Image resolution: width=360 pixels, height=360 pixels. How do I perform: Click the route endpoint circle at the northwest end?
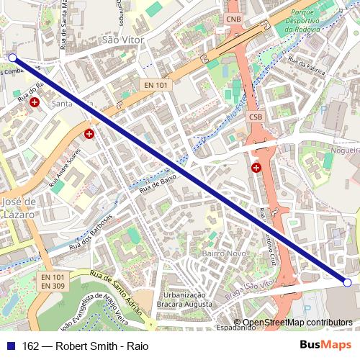12,58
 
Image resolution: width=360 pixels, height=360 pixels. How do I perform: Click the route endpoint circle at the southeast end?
347,283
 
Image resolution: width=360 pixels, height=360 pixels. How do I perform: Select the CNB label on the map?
234,19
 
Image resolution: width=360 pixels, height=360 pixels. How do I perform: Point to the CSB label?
256,117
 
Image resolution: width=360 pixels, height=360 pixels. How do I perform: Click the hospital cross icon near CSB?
256,168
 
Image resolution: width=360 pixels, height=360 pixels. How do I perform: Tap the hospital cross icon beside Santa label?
35,103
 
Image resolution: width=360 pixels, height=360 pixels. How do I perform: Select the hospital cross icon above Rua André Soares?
89,133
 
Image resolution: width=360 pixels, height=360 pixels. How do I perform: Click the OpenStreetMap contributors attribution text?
297,323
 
